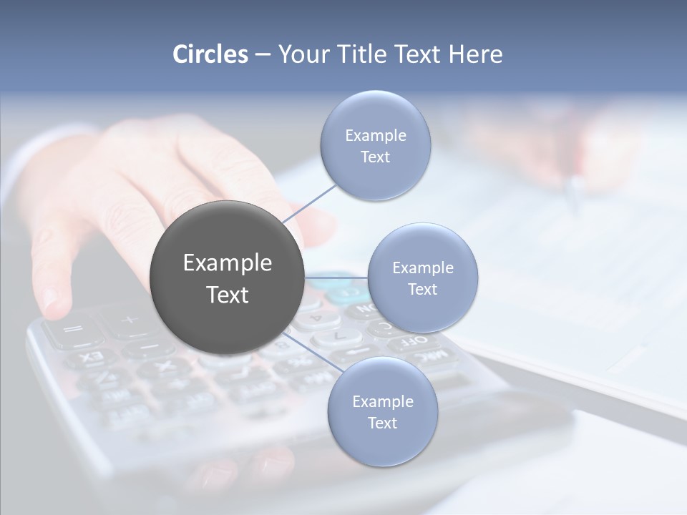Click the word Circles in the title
(x=210, y=54)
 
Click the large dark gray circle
(x=226, y=278)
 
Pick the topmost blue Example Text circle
(x=375, y=145)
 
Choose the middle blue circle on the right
(x=422, y=278)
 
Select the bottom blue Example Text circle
(x=382, y=411)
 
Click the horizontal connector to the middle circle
(x=336, y=278)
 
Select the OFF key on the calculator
(x=413, y=340)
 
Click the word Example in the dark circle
(x=227, y=263)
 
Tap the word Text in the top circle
(x=375, y=157)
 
